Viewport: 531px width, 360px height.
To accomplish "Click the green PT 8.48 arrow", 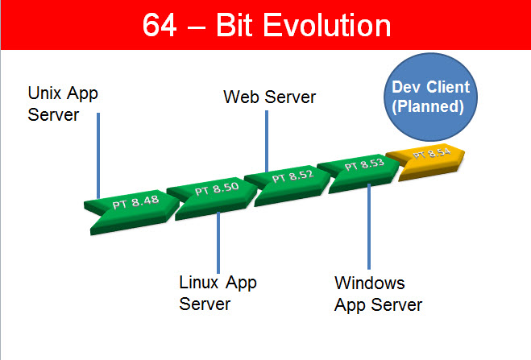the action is [x=134, y=212].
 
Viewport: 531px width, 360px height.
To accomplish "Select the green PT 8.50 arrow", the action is [x=214, y=198].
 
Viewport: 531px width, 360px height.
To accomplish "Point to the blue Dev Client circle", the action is [x=431, y=97].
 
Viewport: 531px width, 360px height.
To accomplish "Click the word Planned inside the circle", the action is [x=428, y=106].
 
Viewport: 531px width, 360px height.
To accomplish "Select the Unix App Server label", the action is [x=63, y=104].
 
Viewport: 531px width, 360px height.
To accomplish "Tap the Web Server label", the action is [x=270, y=97].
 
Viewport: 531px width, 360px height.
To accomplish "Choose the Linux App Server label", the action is [x=218, y=293].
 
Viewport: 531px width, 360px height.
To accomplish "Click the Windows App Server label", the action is [x=378, y=294].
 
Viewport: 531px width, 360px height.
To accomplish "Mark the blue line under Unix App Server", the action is [x=98, y=155].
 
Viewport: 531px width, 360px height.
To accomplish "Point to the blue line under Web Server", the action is [x=267, y=141].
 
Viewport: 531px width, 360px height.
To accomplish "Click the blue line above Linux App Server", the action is [x=218, y=242].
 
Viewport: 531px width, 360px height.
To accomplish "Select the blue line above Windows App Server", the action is [x=369, y=226].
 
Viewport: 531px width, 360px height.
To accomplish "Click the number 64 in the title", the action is [x=160, y=25].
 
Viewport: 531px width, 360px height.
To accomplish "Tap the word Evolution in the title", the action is [x=327, y=25].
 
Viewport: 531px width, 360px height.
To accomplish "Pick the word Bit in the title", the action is [x=234, y=25].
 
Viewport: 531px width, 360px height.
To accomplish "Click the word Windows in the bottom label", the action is [x=370, y=283].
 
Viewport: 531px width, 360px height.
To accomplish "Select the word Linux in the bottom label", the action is [x=199, y=282].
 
